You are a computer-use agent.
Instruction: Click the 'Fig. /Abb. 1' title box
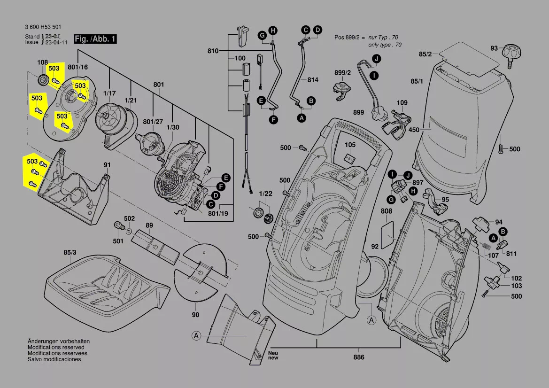[95, 39]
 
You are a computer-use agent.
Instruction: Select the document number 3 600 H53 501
[43, 27]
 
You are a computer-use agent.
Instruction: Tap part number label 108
[43, 62]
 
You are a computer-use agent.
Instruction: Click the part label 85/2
[425, 54]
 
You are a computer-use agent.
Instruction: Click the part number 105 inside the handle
[350, 145]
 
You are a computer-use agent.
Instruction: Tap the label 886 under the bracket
[359, 357]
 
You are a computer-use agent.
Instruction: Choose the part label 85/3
[69, 253]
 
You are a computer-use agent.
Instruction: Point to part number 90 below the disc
[195, 315]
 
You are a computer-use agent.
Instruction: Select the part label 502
[129, 218]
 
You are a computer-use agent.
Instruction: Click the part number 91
[107, 165]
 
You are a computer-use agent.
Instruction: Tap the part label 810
[213, 50]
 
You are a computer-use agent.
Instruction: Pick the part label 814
[313, 80]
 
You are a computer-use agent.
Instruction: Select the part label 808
[386, 211]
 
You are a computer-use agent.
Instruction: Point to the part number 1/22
[265, 194]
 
